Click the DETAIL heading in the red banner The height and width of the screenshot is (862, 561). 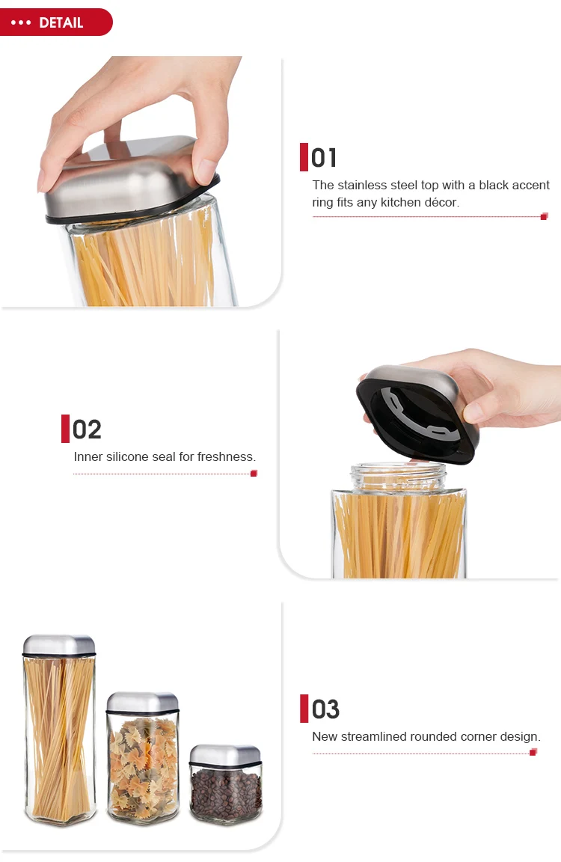tap(61, 22)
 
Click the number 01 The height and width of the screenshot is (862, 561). tap(324, 158)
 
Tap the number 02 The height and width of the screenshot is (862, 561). tap(87, 430)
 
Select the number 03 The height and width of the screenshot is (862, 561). tap(325, 709)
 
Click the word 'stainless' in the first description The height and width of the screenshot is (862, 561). tap(363, 185)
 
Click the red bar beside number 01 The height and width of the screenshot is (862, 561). tap(304, 157)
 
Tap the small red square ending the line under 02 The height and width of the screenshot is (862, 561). tap(254, 473)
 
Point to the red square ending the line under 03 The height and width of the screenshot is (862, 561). tap(533, 752)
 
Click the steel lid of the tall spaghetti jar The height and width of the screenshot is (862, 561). tap(59, 644)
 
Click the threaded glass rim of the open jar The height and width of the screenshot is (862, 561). tap(399, 476)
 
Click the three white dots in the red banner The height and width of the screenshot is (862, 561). tap(21, 22)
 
